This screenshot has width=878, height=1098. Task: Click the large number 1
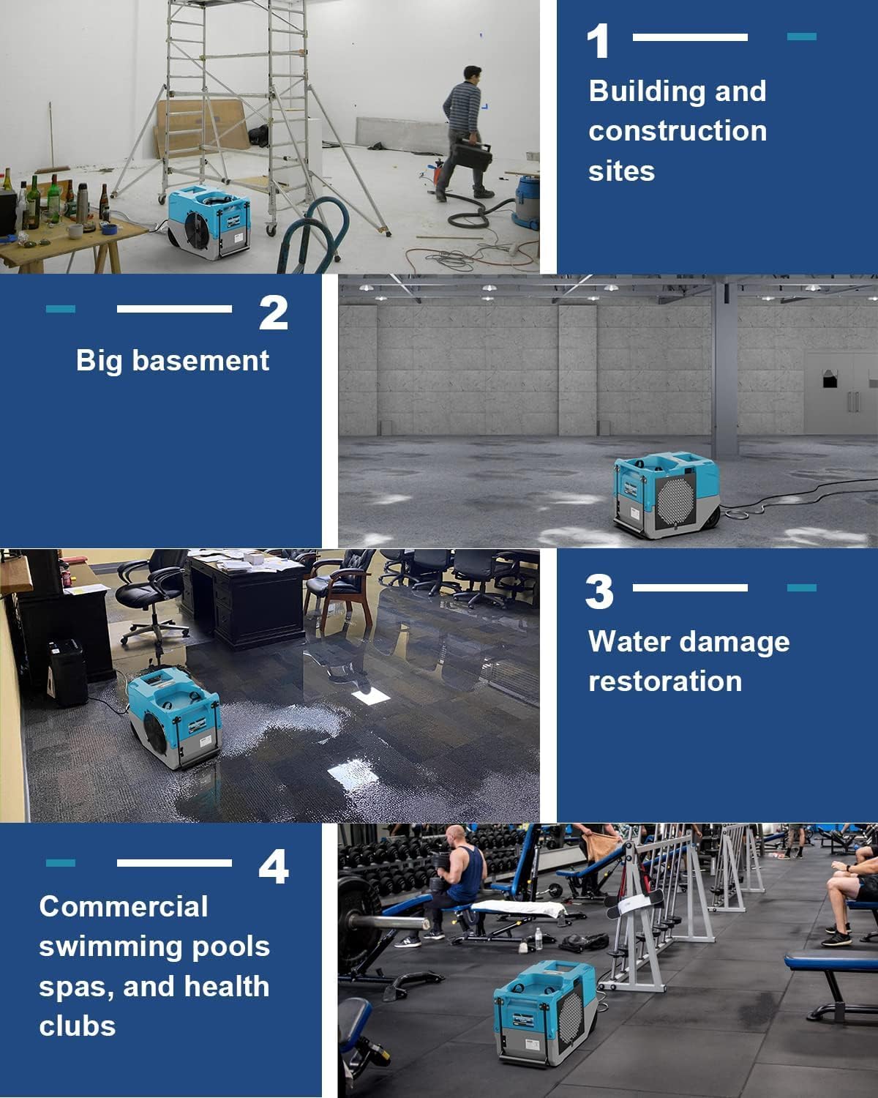(x=598, y=42)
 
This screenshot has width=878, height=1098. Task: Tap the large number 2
(x=273, y=313)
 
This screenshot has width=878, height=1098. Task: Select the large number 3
(x=599, y=592)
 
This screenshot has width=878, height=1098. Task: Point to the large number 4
(x=273, y=867)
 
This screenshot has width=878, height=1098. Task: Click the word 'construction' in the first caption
(x=678, y=131)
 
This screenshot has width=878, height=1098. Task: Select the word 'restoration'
(x=665, y=681)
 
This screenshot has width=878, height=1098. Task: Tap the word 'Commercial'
(x=124, y=907)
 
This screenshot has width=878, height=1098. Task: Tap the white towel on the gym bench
(x=518, y=909)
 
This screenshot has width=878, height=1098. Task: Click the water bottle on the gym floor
(x=539, y=938)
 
